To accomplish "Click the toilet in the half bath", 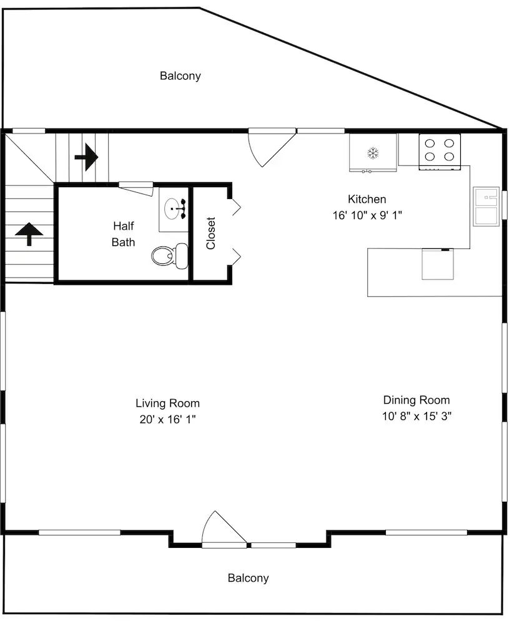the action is (170, 256).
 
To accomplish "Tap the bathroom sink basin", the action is (172, 208).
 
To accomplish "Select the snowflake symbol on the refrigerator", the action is (373, 153).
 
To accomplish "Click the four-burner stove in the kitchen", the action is (440, 152).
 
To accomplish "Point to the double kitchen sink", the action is (486, 207).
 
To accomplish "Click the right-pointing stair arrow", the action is (86, 157).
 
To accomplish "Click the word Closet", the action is (210, 233).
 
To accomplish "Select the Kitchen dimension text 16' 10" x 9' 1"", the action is (367, 215).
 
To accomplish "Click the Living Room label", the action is (168, 403).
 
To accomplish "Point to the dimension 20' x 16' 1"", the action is (168, 419).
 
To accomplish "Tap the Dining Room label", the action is (416, 400).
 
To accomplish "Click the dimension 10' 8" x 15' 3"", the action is (416, 416).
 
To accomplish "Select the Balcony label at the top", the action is (180, 76).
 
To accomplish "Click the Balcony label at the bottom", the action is (248, 578).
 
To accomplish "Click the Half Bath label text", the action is (124, 234).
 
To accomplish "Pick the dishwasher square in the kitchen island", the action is (438, 264).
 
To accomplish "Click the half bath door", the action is (136, 188).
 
